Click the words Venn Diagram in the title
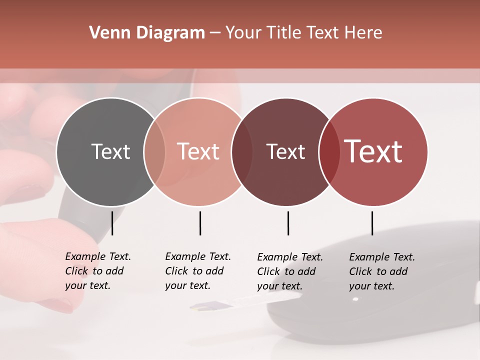(147, 33)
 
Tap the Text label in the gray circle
(110, 151)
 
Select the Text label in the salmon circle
(198, 151)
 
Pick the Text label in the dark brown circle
(285, 151)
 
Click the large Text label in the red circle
(373, 151)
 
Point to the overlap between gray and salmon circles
(154, 151)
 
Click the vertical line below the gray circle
(112, 223)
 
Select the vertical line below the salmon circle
(200, 223)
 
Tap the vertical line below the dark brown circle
(288, 223)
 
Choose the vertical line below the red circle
(372, 223)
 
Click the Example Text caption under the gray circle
(97, 271)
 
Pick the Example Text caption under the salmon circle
(197, 271)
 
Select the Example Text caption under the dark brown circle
(289, 271)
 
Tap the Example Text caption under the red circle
(381, 271)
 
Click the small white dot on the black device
(355, 299)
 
